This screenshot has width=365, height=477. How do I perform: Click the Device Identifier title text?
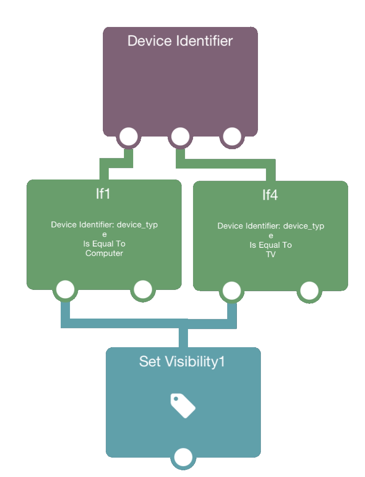click(x=180, y=41)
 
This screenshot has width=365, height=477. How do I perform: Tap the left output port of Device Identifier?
click(x=129, y=137)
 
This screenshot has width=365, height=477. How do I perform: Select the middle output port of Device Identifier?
click(x=180, y=137)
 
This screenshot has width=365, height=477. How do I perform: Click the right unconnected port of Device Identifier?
click(x=232, y=137)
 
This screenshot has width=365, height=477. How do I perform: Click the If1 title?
click(x=103, y=194)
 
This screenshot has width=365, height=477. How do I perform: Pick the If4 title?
click(x=270, y=195)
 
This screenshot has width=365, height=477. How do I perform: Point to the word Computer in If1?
click(x=104, y=253)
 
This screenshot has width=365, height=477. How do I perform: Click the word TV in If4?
click(x=271, y=255)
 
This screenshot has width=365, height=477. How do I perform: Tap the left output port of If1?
click(x=65, y=289)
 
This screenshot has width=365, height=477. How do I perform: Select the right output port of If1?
click(x=143, y=289)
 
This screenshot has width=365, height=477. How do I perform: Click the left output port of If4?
click(x=232, y=291)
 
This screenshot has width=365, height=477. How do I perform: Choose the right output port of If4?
click(x=309, y=291)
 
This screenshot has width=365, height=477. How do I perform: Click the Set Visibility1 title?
click(x=182, y=361)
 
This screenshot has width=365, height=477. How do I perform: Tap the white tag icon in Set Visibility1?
click(x=183, y=406)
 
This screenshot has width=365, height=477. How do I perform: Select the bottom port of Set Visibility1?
click(x=183, y=457)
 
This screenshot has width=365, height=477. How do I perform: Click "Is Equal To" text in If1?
click(x=105, y=244)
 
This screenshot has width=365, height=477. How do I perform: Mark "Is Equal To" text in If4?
click(x=271, y=245)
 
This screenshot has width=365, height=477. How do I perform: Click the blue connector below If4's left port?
click(x=232, y=314)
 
